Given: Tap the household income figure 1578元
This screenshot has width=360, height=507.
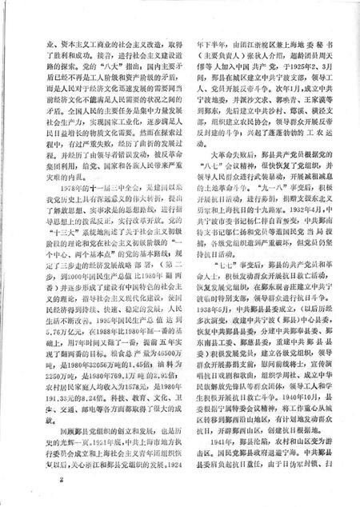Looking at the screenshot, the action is [140, 404].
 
